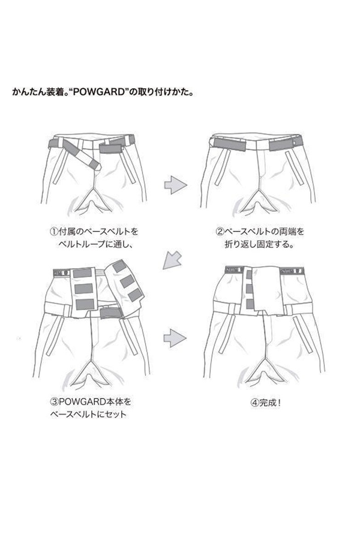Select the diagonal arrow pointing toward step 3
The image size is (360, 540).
173,259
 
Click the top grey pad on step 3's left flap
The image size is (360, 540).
85,268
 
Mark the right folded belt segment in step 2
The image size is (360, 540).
283,145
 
